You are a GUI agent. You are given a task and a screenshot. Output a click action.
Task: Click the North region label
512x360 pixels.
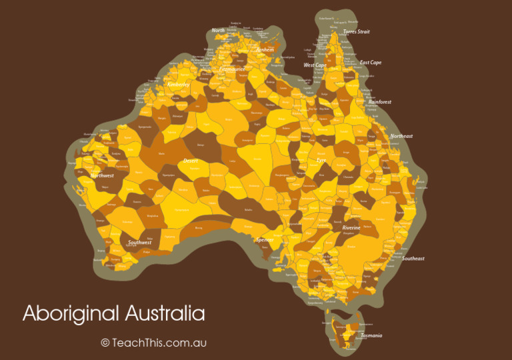[x=218, y=31]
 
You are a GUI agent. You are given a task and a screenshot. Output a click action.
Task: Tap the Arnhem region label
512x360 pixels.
[x=265, y=49]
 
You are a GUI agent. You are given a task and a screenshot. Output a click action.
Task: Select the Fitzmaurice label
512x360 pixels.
[x=232, y=69]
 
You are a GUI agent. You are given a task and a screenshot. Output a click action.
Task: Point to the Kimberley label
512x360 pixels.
[x=178, y=85]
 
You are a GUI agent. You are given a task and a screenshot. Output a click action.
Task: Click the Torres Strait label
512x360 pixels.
[x=356, y=32]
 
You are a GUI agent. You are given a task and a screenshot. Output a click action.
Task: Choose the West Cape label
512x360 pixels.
[x=315, y=65]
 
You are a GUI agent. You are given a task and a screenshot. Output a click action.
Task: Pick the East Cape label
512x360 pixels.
[x=371, y=63]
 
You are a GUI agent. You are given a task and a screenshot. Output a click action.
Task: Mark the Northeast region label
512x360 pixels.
[x=401, y=136]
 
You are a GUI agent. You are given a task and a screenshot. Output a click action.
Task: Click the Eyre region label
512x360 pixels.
[x=321, y=161]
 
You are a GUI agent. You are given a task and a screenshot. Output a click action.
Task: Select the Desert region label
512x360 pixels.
[x=191, y=161]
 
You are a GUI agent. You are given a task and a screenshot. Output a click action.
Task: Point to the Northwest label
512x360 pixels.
[x=102, y=176]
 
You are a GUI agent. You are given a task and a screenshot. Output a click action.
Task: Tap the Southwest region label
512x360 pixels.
[x=140, y=243]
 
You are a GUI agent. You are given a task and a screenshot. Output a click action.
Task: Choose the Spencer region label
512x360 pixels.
[x=264, y=240]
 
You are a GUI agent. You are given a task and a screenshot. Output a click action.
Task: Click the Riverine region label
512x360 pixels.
[x=351, y=228]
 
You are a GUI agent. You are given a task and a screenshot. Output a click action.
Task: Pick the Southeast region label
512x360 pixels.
[x=413, y=259]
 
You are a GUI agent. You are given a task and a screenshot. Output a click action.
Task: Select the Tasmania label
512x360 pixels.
[x=371, y=335]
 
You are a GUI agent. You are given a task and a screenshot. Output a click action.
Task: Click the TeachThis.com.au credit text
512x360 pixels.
[x=154, y=343]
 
